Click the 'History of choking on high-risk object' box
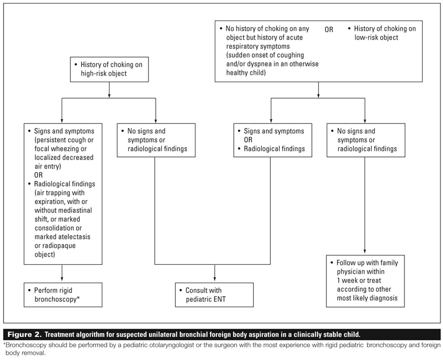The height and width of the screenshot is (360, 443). click(x=109, y=69)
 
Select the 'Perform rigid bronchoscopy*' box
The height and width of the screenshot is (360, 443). click(x=62, y=294)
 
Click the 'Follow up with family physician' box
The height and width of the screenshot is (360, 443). click(x=364, y=280)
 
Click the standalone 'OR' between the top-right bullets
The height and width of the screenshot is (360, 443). click(x=328, y=29)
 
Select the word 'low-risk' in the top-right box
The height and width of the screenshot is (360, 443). click(x=369, y=38)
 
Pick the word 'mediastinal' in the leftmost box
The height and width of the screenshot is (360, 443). click(x=72, y=210)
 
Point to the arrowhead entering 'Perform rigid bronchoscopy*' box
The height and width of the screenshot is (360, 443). click(x=62, y=278)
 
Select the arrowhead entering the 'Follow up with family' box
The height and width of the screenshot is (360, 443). click(x=364, y=250)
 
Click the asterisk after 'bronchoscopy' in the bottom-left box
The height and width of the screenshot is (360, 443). click(x=78, y=298)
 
